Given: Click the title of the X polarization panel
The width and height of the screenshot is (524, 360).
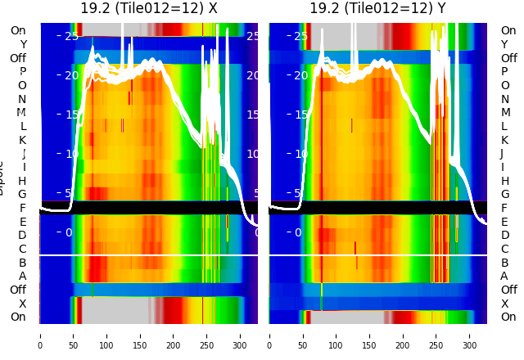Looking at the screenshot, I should pos(149,9).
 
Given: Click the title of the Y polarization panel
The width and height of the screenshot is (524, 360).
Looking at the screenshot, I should pos(378,9).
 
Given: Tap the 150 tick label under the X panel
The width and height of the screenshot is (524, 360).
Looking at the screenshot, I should pos(140,335).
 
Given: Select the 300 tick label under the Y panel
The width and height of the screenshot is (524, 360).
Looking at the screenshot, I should pos(470,335).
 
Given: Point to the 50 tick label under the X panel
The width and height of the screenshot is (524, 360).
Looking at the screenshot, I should pos(73,335).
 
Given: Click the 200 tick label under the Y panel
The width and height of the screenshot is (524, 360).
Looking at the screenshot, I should pos(403,335).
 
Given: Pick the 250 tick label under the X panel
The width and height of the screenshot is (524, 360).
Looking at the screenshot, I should pos(207,335).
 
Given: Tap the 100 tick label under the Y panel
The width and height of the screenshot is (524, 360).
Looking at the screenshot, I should pos(336,335).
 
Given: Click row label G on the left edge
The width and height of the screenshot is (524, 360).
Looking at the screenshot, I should pos(22,194).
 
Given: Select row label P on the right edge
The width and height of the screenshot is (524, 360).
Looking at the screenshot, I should pos(505,71).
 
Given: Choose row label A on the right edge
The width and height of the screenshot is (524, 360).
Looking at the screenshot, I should pos(505,276).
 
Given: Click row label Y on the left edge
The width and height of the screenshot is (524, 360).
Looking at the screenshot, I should pos(23,44).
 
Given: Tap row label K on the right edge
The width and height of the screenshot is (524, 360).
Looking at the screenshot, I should pos(505,140).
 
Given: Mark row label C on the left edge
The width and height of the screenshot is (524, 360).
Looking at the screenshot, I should pos(22,249).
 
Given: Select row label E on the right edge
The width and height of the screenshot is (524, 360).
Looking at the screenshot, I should pos(505,222).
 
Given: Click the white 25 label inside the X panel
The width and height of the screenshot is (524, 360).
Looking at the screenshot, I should pos(71,36).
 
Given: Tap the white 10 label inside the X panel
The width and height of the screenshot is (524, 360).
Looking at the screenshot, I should pos(71,154).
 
